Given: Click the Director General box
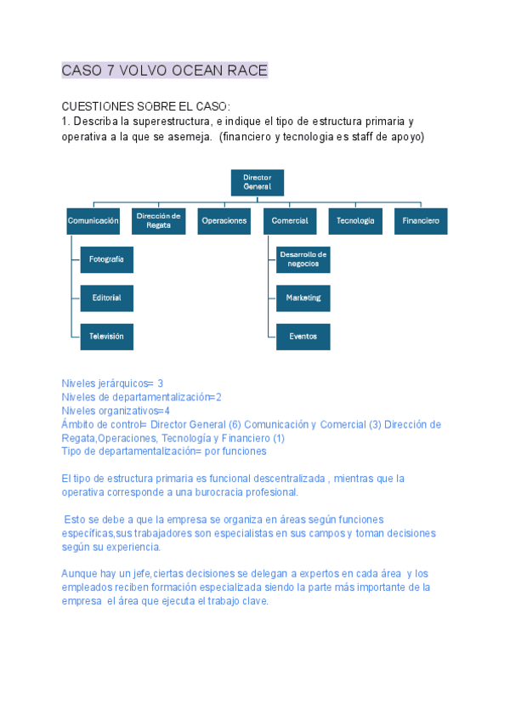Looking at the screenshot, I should coord(258,183).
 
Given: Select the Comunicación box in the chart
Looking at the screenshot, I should coord(93,221).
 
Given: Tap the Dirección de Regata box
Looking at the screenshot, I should coord(159,221).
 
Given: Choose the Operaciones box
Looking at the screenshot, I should coord(224,221).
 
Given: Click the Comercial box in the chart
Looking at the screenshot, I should coord(290,221).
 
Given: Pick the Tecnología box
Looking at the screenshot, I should coord(355,221).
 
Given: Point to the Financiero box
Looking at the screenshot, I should coord(421,221).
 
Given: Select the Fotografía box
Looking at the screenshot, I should coord(107,259).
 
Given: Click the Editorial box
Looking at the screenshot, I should coord(107,298).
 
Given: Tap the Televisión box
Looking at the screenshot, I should coord(107,337).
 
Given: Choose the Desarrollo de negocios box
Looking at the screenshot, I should coord(303,259).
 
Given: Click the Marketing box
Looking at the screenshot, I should coord(303,298).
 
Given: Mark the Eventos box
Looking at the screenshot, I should coord(303,337).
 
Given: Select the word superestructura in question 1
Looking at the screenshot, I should coord(167,121).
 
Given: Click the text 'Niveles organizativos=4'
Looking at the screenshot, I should coord(116,411).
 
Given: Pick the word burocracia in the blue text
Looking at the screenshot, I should coord(218,492).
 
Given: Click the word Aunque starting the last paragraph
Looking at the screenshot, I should coord(79,574).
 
